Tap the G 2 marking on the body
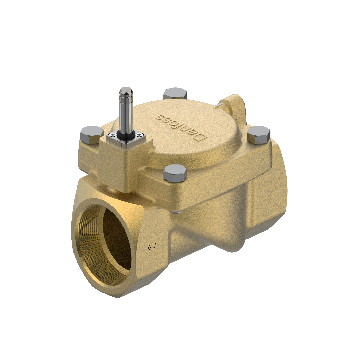click(152, 247)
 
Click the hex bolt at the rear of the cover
click(175, 94)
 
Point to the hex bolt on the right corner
click(258, 134)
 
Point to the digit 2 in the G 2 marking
click(155, 247)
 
